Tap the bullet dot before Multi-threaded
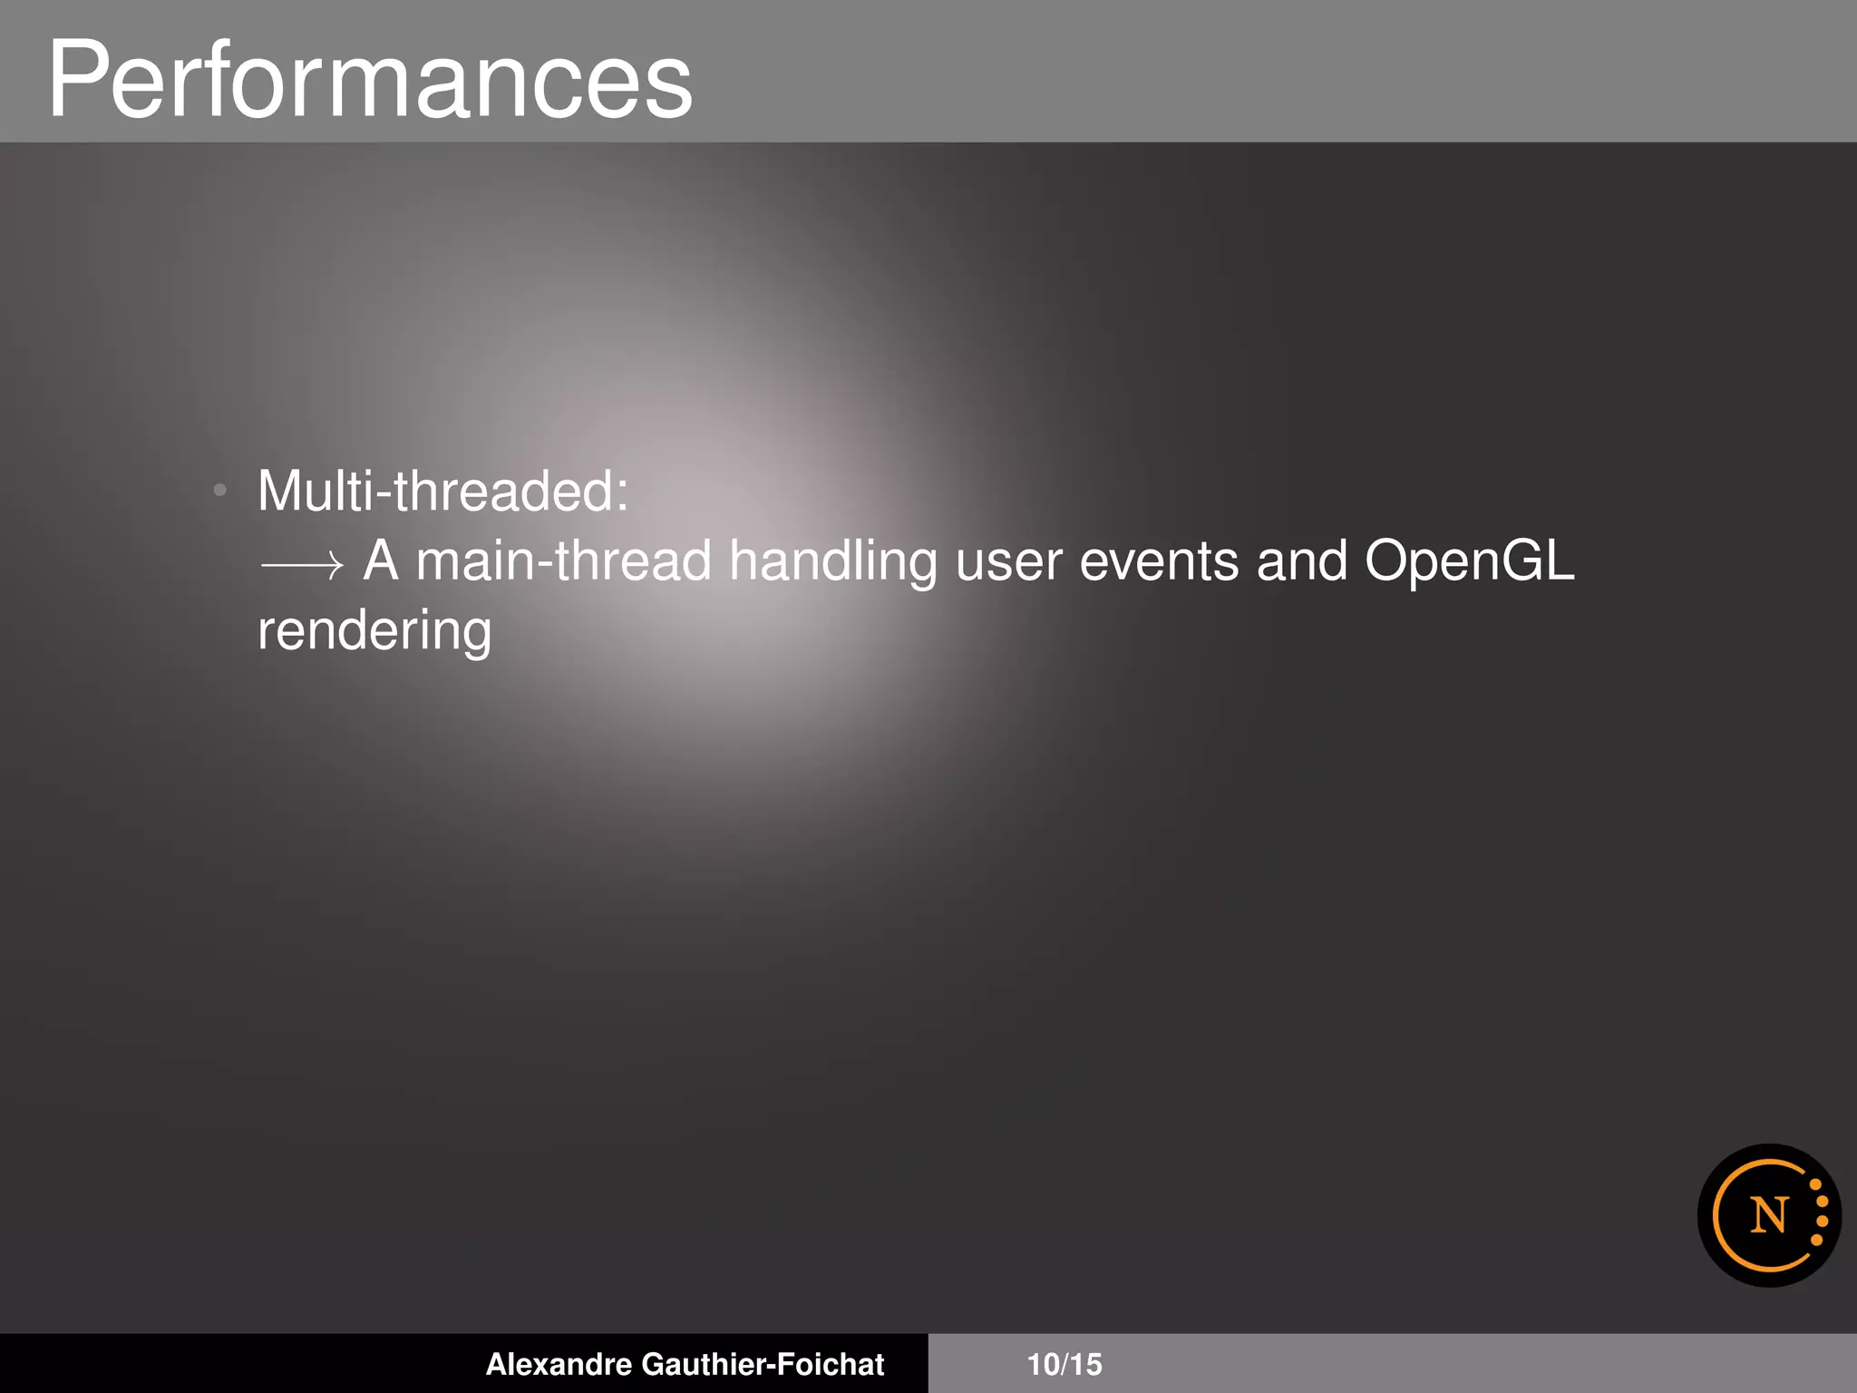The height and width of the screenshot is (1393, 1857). click(219, 491)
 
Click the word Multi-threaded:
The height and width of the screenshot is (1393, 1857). click(442, 491)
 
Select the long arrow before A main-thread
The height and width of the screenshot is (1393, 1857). click(302, 565)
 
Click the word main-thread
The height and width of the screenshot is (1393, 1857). click(563, 560)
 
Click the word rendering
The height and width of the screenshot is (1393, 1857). click(374, 632)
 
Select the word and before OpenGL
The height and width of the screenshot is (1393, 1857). click(1301, 560)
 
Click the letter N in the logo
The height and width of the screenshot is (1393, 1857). click(1768, 1215)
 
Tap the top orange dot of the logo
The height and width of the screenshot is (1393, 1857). click(1814, 1184)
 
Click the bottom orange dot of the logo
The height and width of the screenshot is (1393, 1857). click(1815, 1240)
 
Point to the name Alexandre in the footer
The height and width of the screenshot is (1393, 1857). click(559, 1364)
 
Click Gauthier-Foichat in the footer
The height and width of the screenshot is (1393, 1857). click(763, 1364)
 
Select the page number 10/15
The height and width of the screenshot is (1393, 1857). click(1064, 1364)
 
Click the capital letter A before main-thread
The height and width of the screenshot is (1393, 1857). click(381, 560)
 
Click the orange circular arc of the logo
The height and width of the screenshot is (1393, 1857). click(1717, 1215)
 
